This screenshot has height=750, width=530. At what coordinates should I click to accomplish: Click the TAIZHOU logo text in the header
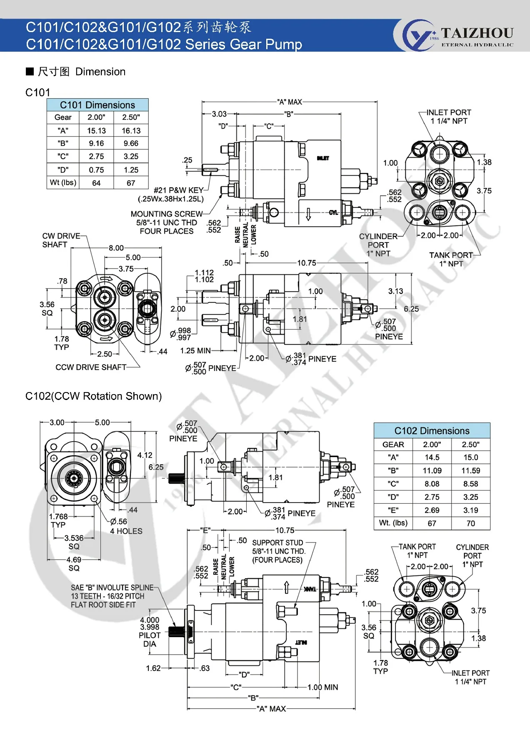[x=477, y=33]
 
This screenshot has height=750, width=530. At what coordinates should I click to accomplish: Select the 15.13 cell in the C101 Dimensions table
[x=96, y=130]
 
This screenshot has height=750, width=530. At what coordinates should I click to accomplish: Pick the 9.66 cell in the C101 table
[x=131, y=143]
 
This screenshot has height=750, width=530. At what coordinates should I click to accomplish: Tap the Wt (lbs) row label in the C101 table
[x=63, y=182]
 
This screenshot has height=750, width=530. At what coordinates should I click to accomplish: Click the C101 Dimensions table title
[x=97, y=105]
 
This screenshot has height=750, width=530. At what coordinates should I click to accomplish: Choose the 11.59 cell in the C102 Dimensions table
[x=470, y=470]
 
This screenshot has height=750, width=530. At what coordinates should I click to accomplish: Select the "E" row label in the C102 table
[x=393, y=510]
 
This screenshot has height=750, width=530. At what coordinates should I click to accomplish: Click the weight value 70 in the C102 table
[x=470, y=523]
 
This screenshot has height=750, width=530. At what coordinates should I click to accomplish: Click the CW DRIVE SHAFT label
[x=61, y=240]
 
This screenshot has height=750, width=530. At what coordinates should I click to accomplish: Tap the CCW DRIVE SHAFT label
[x=91, y=367]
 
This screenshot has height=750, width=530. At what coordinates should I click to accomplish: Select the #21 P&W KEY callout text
[x=178, y=190]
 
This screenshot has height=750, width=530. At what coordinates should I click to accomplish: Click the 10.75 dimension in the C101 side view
[x=306, y=263]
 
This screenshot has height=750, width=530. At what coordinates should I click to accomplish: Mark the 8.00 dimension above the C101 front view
[x=116, y=248]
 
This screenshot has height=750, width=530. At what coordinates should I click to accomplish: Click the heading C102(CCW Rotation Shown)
[x=93, y=396]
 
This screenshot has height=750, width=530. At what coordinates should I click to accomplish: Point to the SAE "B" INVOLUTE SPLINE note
[x=112, y=596]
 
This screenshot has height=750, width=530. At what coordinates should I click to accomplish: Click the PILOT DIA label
[x=150, y=640]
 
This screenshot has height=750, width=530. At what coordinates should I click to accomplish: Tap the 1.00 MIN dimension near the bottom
[x=323, y=687]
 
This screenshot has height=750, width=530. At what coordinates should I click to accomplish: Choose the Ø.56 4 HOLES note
[x=126, y=526]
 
